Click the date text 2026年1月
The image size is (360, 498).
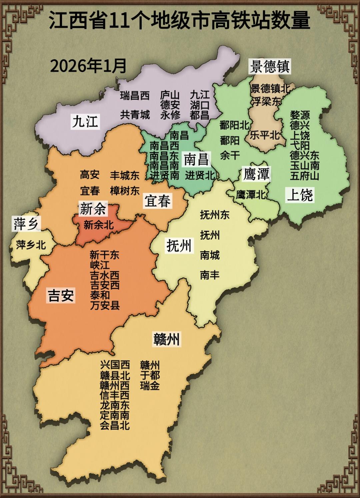88,66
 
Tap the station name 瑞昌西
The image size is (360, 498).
135,96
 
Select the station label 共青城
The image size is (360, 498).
135,115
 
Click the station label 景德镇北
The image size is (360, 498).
270,89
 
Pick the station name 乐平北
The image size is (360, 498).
265,135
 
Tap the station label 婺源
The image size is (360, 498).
300,115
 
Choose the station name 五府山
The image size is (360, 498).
305,176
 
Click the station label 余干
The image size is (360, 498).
230,155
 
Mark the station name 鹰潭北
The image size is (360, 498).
251,195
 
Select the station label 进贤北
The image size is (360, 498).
200,175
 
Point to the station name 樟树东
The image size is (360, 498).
125,191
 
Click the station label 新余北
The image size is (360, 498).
99,225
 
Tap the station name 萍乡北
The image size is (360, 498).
31,245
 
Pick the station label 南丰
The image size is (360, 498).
210,275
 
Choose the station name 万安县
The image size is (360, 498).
105,305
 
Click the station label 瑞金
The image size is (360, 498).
150,386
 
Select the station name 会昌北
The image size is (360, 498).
115,425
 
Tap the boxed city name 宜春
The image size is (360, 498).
158,201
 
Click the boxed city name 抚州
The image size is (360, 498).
179,246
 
